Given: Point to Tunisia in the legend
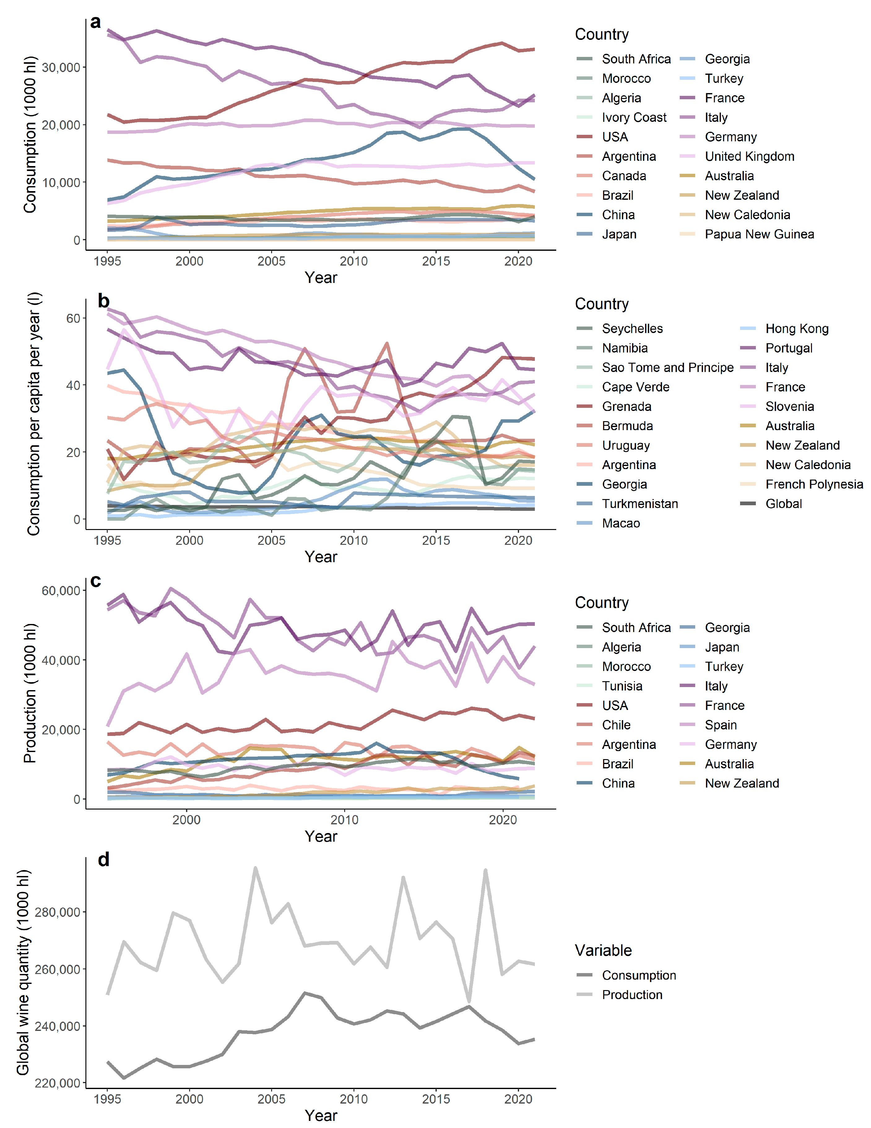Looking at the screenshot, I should coord(622,686).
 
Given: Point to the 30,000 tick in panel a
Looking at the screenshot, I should coord(61,68).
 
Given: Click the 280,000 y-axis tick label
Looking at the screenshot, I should coord(57,912).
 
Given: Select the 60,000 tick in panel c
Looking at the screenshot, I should coord(61,590).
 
